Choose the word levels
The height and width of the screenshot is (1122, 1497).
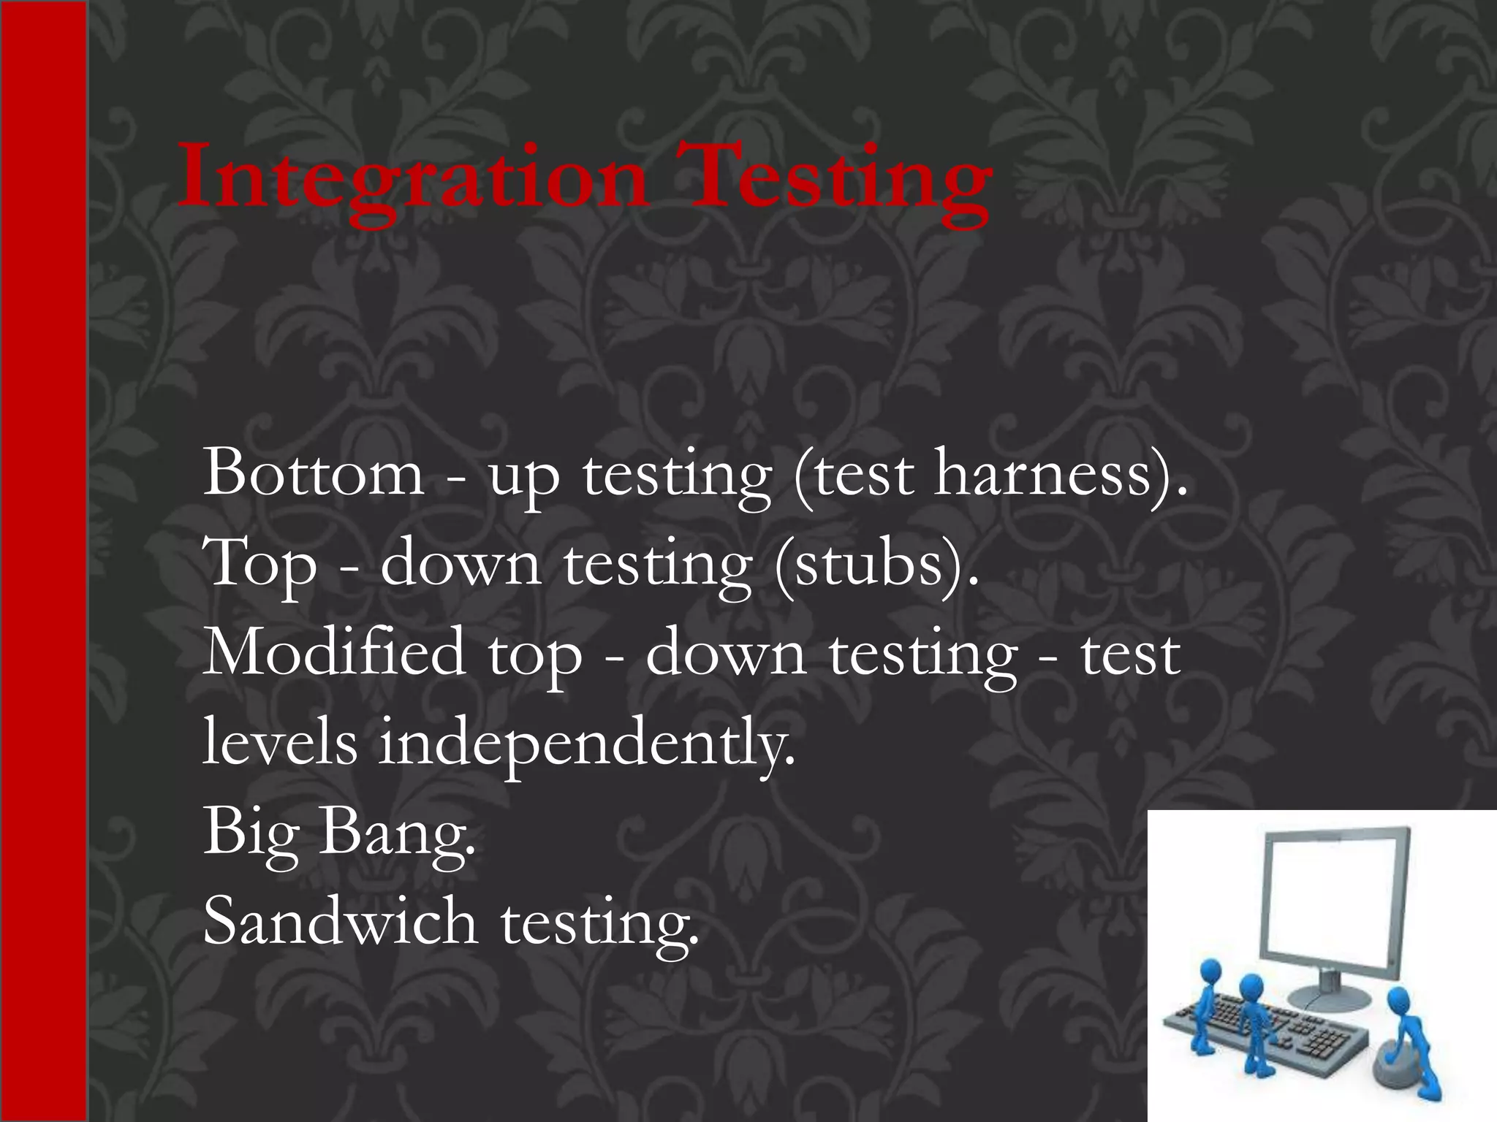(x=280, y=742)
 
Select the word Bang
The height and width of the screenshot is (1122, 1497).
(x=395, y=833)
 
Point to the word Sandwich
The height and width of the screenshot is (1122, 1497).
(x=340, y=920)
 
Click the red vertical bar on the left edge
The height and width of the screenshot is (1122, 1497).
(x=44, y=561)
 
